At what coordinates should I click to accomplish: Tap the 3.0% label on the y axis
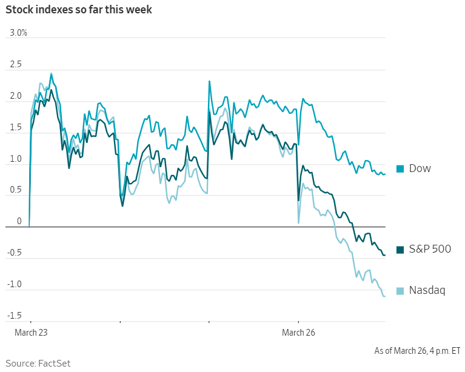pyautogui.click(x=19, y=33)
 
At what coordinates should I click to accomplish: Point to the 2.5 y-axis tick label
pyautogui.click(x=16, y=64)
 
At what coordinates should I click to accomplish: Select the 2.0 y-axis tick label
pyautogui.click(x=16, y=96)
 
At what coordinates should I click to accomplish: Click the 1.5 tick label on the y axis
pyautogui.click(x=16, y=127)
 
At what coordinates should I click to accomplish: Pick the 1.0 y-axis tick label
pyautogui.click(x=16, y=159)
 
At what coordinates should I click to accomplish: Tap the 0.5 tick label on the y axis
pyautogui.click(x=16, y=190)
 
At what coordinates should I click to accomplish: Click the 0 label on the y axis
pyautogui.click(x=19, y=222)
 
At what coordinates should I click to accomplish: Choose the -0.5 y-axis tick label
pyautogui.click(x=15, y=253)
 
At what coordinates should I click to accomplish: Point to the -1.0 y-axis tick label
pyautogui.click(x=15, y=285)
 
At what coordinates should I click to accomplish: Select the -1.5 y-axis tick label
pyautogui.click(x=15, y=316)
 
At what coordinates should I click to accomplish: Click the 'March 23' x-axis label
pyautogui.click(x=31, y=333)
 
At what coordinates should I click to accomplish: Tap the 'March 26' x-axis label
pyautogui.click(x=298, y=333)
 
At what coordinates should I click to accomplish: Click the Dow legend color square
pyautogui.click(x=400, y=168)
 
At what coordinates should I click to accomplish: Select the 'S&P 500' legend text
pyautogui.click(x=430, y=249)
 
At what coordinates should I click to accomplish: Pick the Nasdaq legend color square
pyautogui.click(x=400, y=291)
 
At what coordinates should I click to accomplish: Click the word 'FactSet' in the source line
pyautogui.click(x=55, y=363)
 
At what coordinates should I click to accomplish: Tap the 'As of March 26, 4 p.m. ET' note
pyautogui.click(x=417, y=350)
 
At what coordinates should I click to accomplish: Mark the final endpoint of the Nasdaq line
pyautogui.click(x=385, y=296)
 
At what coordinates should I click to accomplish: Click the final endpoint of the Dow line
pyautogui.click(x=385, y=174)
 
